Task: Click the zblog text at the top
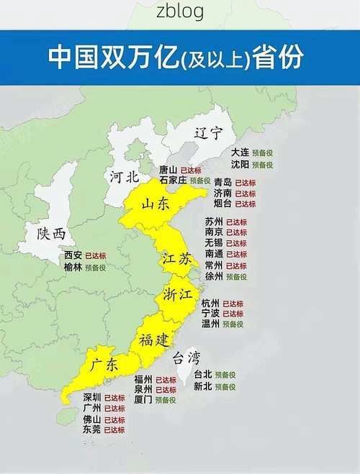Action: [x=179, y=12]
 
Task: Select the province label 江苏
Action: [x=176, y=260]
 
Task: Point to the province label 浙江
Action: [x=178, y=295]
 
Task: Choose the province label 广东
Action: [x=104, y=365]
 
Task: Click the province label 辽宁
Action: [x=207, y=133]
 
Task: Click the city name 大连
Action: [x=240, y=152]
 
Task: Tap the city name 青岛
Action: [x=222, y=183]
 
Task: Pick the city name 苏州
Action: [x=214, y=222]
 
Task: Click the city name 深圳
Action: [x=92, y=397]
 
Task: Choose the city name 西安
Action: [x=73, y=255]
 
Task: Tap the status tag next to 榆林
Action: [x=96, y=267]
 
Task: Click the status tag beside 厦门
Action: [x=165, y=400]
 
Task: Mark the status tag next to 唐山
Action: [x=191, y=170]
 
